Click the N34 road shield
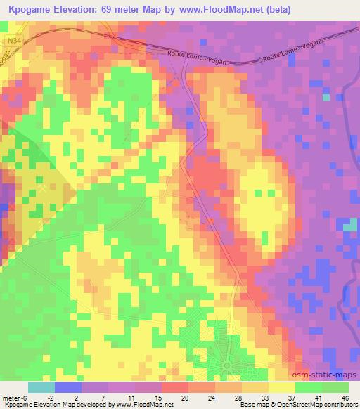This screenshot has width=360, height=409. point(12,41)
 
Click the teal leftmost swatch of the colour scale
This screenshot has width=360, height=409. point(41,387)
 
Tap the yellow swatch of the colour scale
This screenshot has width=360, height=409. point(281,387)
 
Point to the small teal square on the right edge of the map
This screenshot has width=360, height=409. point(350,226)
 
